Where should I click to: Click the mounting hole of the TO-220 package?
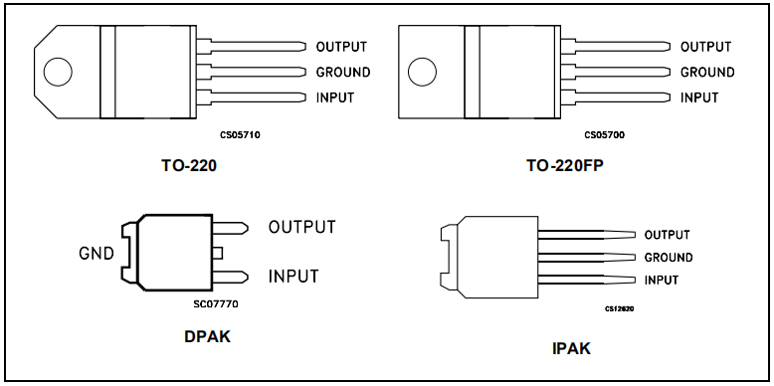pos(58,72)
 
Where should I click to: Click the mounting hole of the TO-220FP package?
pos(422,72)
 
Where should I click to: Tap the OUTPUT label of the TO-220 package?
pos(341,47)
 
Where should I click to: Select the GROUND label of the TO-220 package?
pos(343,72)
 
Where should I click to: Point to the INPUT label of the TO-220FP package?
pos(699,97)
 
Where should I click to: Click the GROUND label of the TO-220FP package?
pos(707,72)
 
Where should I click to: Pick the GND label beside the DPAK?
pos(97,254)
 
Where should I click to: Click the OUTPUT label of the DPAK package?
pos(301,227)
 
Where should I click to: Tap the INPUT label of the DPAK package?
pos(293,276)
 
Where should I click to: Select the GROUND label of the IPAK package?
pos(669,258)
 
